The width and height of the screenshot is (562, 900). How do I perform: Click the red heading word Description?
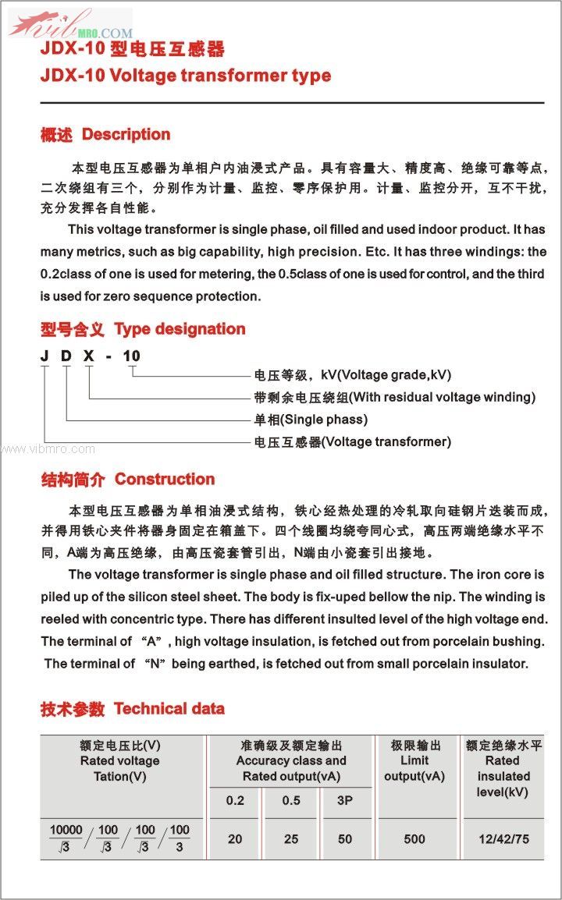pyautogui.click(x=126, y=134)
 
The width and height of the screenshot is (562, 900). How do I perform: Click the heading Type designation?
pyautogui.click(x=180, y=329)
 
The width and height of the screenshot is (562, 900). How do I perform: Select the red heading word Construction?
pyautogui.click(x=165, y=479)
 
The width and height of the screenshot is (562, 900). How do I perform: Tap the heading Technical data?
pyautogui.click(x=169, y=709)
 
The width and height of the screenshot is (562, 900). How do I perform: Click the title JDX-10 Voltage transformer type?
pyautogui.click(x=186, y=76)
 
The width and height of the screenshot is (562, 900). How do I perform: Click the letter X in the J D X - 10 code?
pyautogui.click(x=89, y=356)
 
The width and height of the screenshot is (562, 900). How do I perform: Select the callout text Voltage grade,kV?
pyautogui.click(x=386, y=375)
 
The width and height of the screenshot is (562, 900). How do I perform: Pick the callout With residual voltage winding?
pyautogui.click(x=442, y=397)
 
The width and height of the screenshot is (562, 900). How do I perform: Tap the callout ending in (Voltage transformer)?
pyautogui.click(x=386, y=441)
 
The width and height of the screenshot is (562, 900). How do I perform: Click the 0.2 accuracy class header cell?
pyautogui.click(x=235, y=801)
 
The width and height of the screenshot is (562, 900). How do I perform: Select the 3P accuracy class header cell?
pyautogui.click(x=344, y=801)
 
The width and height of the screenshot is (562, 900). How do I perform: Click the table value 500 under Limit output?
pyautogui.click(x=414, y=839)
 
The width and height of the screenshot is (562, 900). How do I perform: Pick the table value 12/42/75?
pyautogui.click(x=503, y=839)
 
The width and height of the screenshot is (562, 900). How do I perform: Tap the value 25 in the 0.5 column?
pyautogui.click(x=290, y=839)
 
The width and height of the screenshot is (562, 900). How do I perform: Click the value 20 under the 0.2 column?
pyautogui.click(x=235, y=839)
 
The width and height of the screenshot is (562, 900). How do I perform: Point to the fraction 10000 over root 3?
pyautogui.click(x=66, y=838)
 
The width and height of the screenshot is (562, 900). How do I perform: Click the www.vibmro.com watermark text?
pyautogui.click(x=48, y=449)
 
